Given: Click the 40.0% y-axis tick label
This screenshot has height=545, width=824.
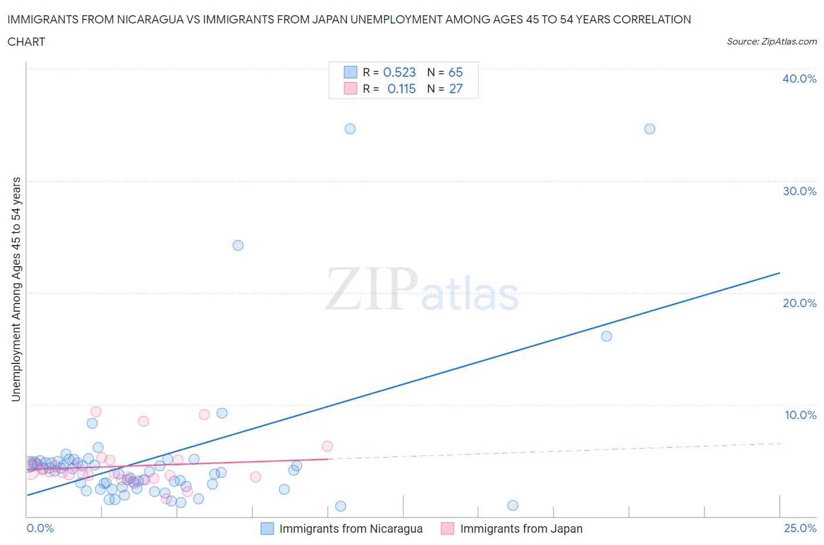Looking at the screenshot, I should pyautogui.click(x=799, y=79).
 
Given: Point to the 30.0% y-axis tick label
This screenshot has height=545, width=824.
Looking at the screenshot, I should pyautogui.click(x=799, y=191).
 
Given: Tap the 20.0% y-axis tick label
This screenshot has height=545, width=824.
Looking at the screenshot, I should pyautogui.click(x=799, y=303).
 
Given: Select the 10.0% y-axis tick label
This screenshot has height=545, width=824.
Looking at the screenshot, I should pyautogui.click(x=800, y=415).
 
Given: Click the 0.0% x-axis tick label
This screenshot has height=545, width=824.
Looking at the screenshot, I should pyautogui.click(x=40, y=528).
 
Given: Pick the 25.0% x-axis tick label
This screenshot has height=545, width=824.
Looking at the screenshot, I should pyautogui.click(x=800, y=528).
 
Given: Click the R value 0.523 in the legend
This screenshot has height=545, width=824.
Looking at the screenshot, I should pyautogui.click(x=399, y=72).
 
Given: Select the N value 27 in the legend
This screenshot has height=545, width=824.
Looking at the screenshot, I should pyautogui.click(x=455, y=88).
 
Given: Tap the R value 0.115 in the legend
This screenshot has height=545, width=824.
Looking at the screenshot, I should pyautogui.click(x=401, y=88).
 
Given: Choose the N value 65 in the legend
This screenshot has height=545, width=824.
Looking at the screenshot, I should pyautogui.click(x=455, y=72).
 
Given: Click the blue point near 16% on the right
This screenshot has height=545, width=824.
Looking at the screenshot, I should pyautogui.click(x=607, y=336).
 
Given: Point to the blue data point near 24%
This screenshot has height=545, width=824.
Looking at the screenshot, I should pyautogui.click(x=238, y=245).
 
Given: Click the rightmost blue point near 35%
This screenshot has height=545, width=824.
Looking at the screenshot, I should pyautogui.click(x=649, y=129).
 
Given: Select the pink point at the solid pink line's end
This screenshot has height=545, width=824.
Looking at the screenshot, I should pyautogui.click(x=328, y=446).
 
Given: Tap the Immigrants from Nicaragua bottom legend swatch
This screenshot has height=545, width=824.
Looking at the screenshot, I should pyautogui.click(x=267, y=529).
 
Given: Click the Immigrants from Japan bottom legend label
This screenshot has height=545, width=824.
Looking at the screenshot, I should pyautogui.click(x=521, y=529).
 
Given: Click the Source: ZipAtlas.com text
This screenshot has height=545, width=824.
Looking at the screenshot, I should pyautogui.click(x=771, y=42).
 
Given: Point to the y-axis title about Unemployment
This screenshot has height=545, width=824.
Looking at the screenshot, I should pyautogui.click(x=16, y=289).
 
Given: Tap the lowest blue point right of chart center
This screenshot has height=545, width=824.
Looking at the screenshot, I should pyautogui.click(x=512, y=505).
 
